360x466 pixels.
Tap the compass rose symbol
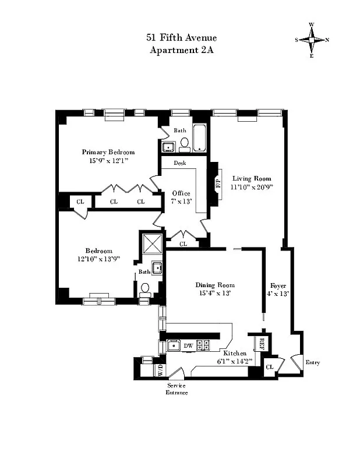[312, 40]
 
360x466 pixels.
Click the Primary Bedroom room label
[108, 152]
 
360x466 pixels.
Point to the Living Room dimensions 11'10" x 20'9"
[253, 188]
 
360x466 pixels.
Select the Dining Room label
[214, 284]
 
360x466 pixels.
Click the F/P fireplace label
[219, 180]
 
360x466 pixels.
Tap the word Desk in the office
[179, 163]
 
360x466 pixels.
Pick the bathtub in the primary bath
[200, 138]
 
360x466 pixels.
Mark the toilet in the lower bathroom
[145, 288]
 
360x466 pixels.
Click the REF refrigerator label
[262, 343]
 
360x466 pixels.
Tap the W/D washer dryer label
[160, 369]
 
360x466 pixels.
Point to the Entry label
[312, 362]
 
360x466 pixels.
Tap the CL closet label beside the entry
[270, 367]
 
